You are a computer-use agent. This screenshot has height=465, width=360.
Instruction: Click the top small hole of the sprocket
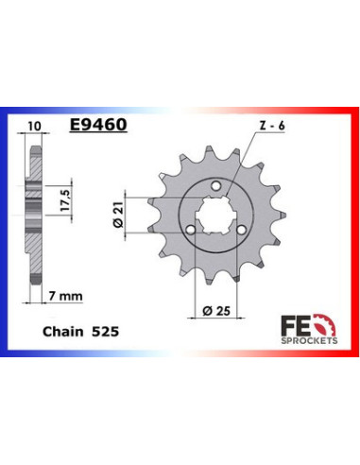point(218,186)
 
